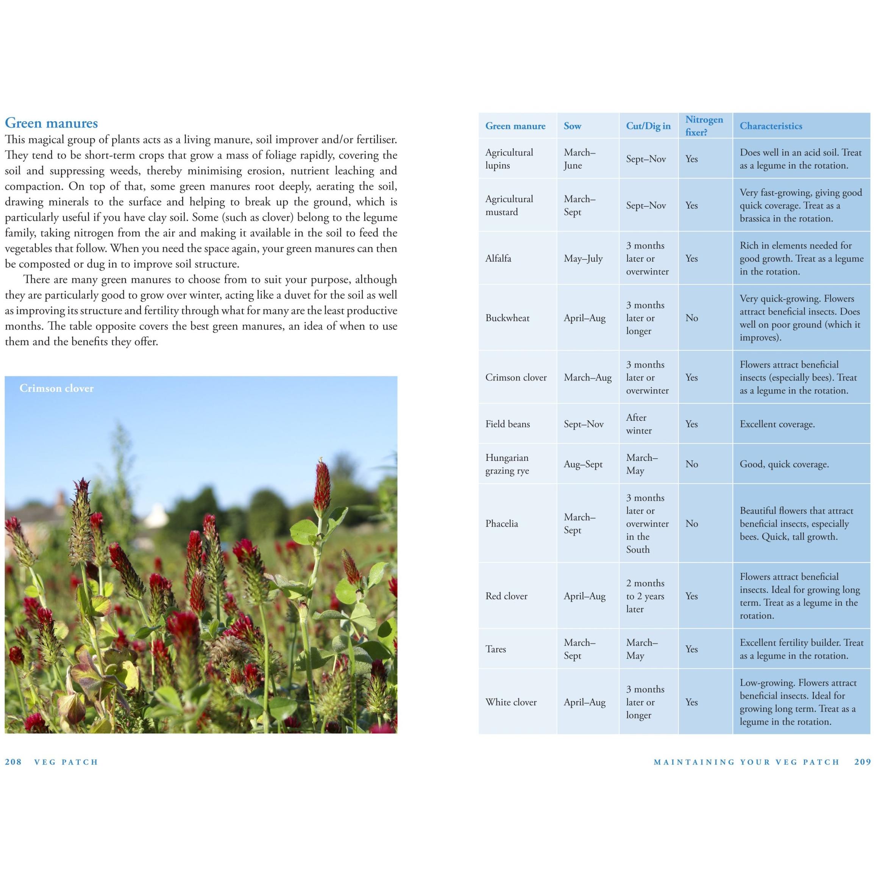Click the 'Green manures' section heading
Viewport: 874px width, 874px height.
(51, 123)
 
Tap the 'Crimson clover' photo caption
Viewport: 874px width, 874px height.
(56, 388)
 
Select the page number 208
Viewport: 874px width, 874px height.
(13, 762)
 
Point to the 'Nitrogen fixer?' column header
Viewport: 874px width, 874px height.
(704, 126)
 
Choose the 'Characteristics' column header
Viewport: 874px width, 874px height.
(771, 126)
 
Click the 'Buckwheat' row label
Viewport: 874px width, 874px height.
(507, 318)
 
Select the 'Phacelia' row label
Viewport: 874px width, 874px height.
(501, 524)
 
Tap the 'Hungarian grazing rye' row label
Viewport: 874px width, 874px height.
(507, 464)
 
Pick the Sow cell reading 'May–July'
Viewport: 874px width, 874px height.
(583, 259)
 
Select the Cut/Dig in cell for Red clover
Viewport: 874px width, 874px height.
(645, 596)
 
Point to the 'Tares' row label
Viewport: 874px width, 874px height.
(496, 649)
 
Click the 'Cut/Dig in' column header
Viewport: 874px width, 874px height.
(648, 126)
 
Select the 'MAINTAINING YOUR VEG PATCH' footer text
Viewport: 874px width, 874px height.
(746, 762)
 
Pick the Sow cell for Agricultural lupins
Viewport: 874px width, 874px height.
(579, 159)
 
